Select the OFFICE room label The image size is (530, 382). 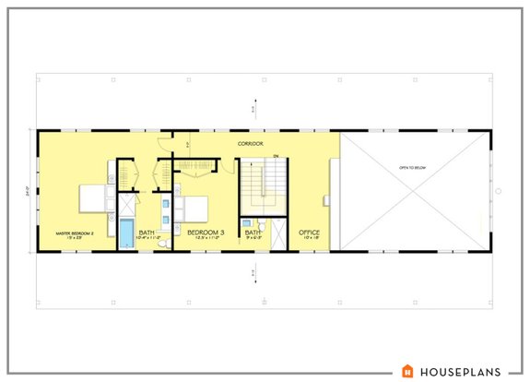(309, 233)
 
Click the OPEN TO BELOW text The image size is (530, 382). (414, 168)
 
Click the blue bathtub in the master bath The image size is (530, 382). (124, 234)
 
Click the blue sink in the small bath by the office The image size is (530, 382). (246, 224)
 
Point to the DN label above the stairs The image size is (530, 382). (276, 155)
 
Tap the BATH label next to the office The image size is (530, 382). (253, 233)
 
